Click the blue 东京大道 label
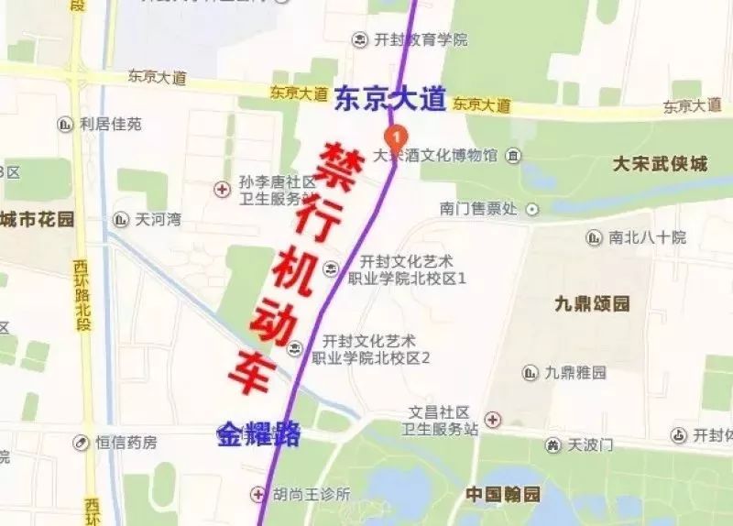coord(389,99)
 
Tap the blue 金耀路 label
coord(259,434)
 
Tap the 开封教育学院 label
coord(421,39)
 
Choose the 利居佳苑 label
coord(111,124)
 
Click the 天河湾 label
coord(158,220)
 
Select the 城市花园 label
coord(38,219)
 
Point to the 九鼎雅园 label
coord(575,373)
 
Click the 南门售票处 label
coord(477,209)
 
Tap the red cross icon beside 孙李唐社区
coord(221,190)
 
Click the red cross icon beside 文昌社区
coord(493,420)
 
